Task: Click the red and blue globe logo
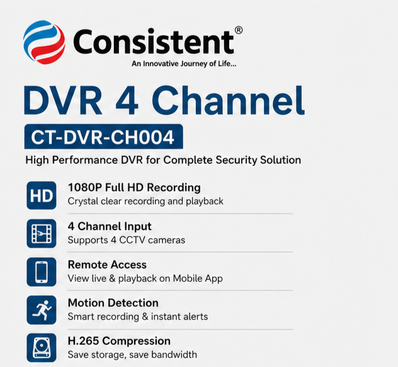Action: click(44, 42)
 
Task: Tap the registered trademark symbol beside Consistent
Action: click(239, 30)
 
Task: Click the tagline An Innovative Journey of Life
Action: click(184, 64)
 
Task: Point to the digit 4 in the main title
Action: click(127, 101)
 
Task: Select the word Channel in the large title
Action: click(228, 100)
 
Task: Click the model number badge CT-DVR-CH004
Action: click(103, 137)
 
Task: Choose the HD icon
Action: click(42, 195)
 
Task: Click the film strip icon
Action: click(42, 233)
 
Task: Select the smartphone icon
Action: click(42, 272)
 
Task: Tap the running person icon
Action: click(42, 310)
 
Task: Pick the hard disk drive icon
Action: click(42, 347)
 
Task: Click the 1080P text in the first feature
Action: click(85, 187)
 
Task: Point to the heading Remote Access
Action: click(107, 265)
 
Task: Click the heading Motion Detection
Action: click(113, 303)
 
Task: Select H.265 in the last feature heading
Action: click(83, 341)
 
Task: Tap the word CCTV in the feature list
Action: click(132, 240)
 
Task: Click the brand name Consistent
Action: click(154, 41)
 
